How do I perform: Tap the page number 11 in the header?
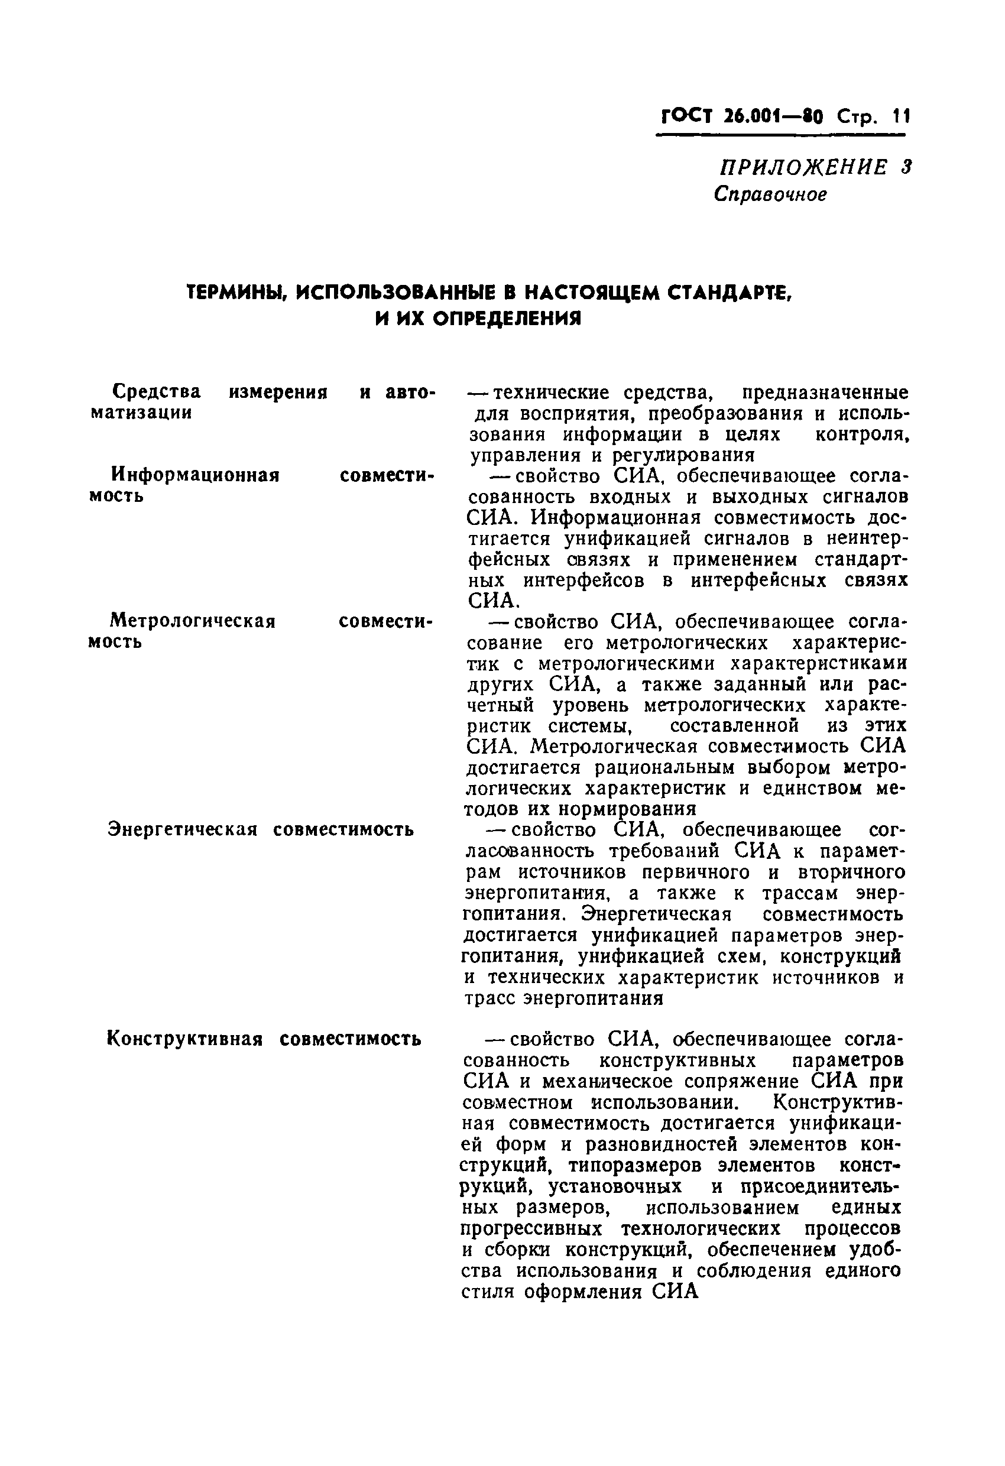tap(900, 116)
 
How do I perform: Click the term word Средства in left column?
tap(157, 392)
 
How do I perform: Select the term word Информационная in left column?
tap(195, 474)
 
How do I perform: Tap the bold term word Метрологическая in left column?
tap(192, 621)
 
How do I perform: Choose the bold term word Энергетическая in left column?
tap(183, 829)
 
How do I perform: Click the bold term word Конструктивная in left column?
tap(185, 1038)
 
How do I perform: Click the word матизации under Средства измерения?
tap(141, 413)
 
